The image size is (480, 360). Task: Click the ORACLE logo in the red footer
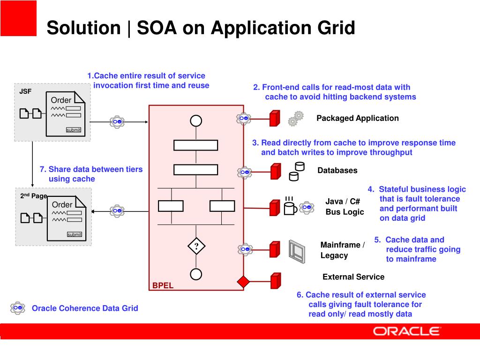406,331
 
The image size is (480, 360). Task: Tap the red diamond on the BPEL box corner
243,282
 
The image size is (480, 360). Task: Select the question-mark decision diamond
196,247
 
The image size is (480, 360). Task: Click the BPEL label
163,285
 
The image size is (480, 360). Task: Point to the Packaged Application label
357,118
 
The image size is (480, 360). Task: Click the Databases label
337,171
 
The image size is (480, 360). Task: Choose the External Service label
353,277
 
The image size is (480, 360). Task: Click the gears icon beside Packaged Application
295,119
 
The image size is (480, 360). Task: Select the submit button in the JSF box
73,130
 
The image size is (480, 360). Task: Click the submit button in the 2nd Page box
74,234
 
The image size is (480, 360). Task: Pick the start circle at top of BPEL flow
196,121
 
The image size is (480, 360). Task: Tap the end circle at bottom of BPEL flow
196,274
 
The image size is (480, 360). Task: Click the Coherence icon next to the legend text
18,308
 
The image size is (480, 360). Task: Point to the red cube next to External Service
276,280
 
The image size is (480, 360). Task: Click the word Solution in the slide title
83,28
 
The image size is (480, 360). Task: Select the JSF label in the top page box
25,91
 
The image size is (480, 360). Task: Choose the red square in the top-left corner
18,18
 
